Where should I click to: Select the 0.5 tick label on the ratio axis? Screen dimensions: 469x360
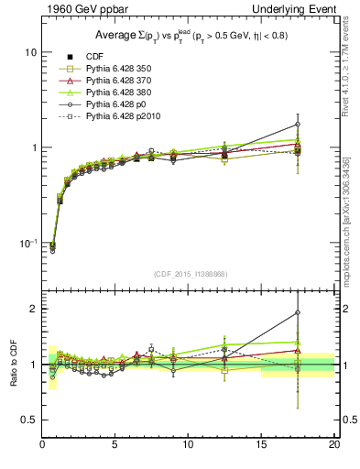coord(27,420)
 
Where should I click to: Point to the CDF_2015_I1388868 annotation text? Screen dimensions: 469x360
coord(189,274)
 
